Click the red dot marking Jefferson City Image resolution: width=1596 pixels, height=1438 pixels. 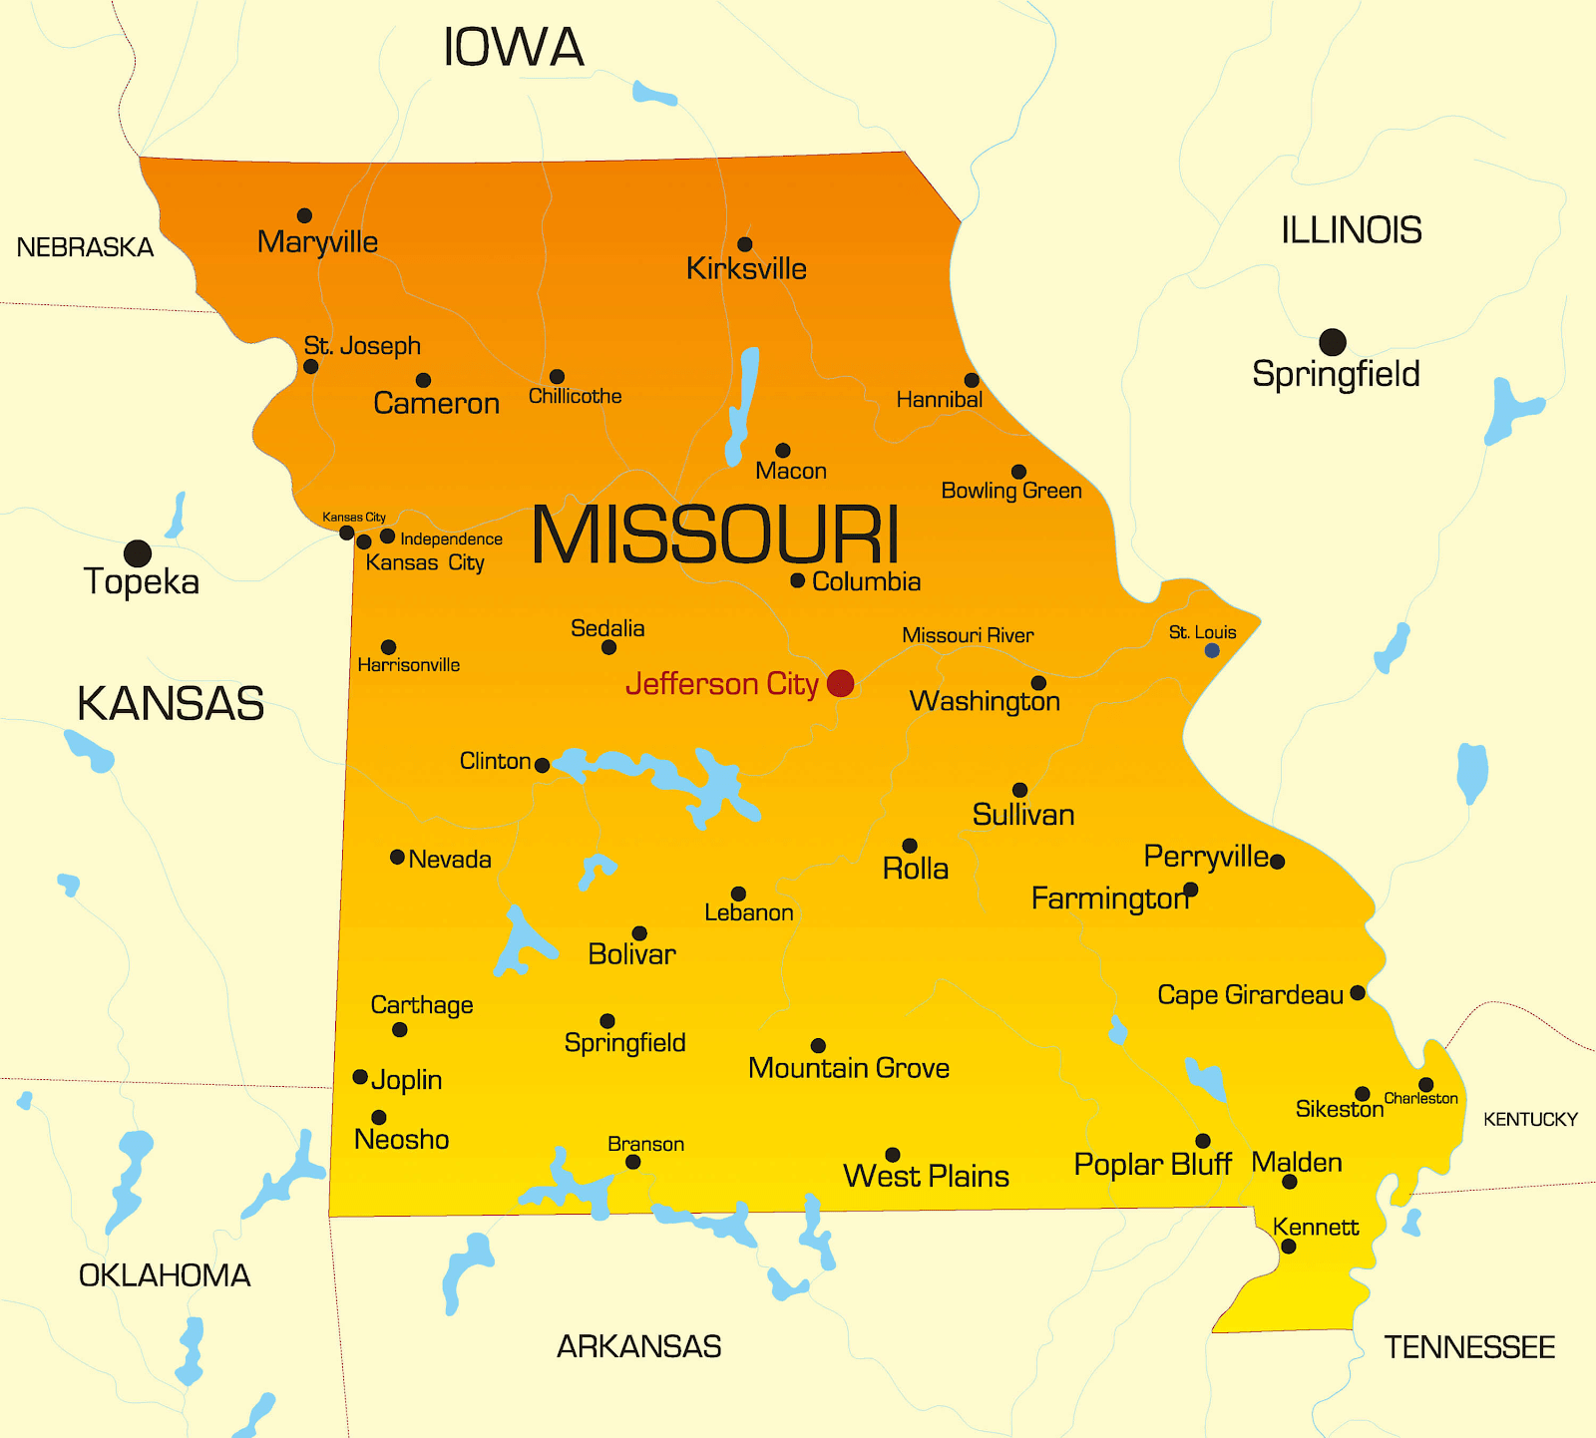click(x=841, y=683)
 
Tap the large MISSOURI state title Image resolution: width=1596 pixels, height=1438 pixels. click(x=715, y=536)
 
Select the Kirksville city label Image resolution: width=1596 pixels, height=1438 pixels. click(x=746, y=268)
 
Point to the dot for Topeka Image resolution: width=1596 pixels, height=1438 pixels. click(x=138, y=553)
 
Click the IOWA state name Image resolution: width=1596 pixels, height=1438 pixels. click(x=513, y=47)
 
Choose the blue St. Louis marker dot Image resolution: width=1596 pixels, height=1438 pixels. click(x=1212, y=650)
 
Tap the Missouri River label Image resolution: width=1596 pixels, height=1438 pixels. click(x=968, y=635)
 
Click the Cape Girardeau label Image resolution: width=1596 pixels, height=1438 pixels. click(x=1250, y=994)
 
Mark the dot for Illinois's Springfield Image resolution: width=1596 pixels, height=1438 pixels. click(x=1333, y=342)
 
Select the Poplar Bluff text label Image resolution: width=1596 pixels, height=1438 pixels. click(x=1152, y=1164)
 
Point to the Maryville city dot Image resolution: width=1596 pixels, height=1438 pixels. click(x=304, y=215)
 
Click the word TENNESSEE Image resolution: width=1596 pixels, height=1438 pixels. click(x=1469, y=1347)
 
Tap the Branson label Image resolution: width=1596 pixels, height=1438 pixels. click(x=645, y=1144)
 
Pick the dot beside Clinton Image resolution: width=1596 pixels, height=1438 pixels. click(x=542, y=766)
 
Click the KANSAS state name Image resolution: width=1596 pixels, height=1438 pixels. click(x=171, y=703)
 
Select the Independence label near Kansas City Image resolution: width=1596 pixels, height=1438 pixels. click(x=451, y=539)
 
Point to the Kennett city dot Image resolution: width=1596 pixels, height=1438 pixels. click(x=1288, y=1247)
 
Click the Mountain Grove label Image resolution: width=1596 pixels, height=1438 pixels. click(x=848, y=1068)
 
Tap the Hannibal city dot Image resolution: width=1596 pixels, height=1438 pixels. click(x=972, y=380)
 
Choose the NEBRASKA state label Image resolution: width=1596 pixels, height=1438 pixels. click(x=85, y=247)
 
